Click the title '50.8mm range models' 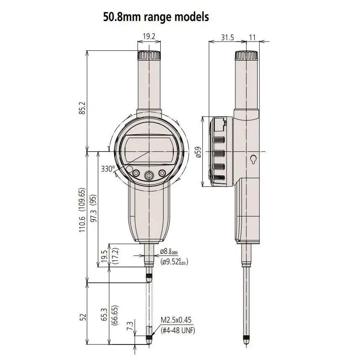pyautogui.click(x=156, y=18)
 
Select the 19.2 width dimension pyautogui.click(x=149, y=37)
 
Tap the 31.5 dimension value pyautogui.click(x=227, y=37)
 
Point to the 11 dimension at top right pyautogui.click(x=252, y=37)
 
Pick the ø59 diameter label pyautogui.click(x=198, y=151)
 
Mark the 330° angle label pyautogui.click(x=108, y=169)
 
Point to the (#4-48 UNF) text pyautogui.click(x=178, y=330)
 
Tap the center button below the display pyautogui.click(x=149, y=175)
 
